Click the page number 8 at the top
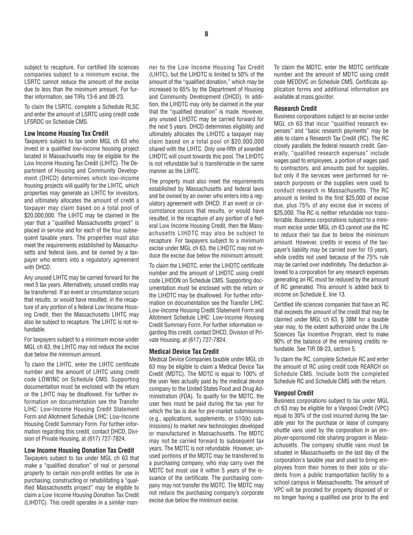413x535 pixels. (206, 34)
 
